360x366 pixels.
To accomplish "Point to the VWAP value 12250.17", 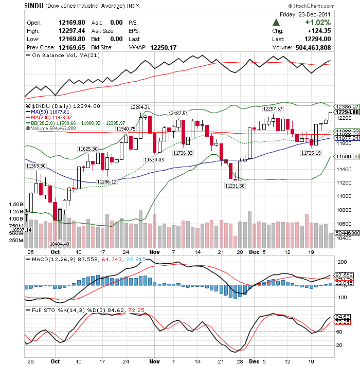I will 164,47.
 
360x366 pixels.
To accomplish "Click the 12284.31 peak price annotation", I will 140,107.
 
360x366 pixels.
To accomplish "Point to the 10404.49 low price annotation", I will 60,244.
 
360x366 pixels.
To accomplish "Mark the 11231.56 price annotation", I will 235,186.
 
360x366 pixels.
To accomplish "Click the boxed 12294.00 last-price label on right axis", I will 347,112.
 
